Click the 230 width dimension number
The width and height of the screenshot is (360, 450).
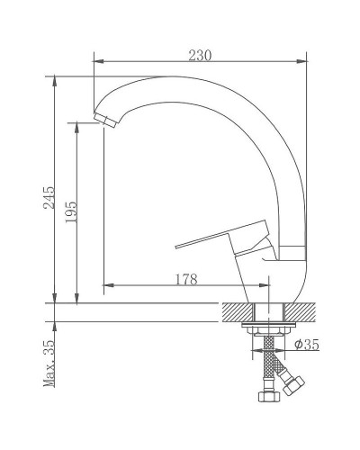[x=200, y=55]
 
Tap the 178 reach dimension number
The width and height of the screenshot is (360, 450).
[x=184, y=280]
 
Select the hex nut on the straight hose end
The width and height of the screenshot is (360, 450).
[x=265, y=395]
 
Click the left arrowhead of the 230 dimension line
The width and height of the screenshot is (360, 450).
[x=98, y=62]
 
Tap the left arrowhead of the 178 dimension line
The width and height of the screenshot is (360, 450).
[x=109, y=287]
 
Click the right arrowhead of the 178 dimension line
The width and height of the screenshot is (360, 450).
[x=262, y=287]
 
